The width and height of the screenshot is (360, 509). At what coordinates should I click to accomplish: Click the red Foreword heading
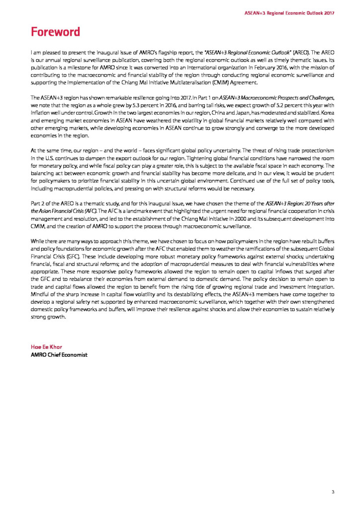tap(55, 32)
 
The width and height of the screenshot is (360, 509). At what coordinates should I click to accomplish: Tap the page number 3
tap(333, 492)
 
